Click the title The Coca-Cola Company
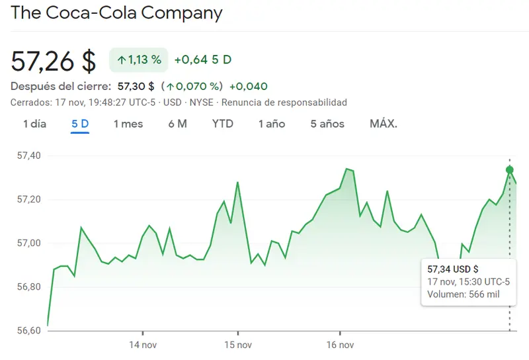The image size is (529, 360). (117, 13)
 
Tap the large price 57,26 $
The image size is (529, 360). (54, 61)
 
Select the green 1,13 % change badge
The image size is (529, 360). (139, 60)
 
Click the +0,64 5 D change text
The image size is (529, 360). (202, 60)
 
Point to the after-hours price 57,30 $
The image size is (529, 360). (136, 86)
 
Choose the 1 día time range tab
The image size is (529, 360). (34, 124)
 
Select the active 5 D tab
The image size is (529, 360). (80, 124)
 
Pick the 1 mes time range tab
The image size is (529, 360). (128, 124)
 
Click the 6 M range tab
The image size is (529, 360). (177, 124)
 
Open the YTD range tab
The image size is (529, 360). (223, 124)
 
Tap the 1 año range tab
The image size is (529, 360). (272, 124)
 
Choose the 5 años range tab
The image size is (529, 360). (327, 124)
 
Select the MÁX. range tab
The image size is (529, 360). (384, 124)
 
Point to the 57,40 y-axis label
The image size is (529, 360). (28, 156)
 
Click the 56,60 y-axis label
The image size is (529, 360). (28, 330)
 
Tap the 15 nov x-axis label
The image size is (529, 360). (237, 345)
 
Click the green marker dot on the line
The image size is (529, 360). (509, 170)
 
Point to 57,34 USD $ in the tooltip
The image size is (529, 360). (453, 269)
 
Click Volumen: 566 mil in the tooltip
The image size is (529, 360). (464, 294)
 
